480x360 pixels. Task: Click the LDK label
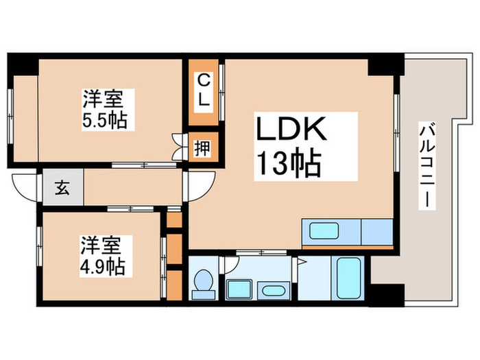tap(294, 129)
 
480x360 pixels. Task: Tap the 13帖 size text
tap(289, 165)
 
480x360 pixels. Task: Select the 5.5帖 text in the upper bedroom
tap(104, 121)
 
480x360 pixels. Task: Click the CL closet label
tap(204, 90)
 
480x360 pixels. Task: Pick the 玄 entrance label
tap(62, 188)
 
